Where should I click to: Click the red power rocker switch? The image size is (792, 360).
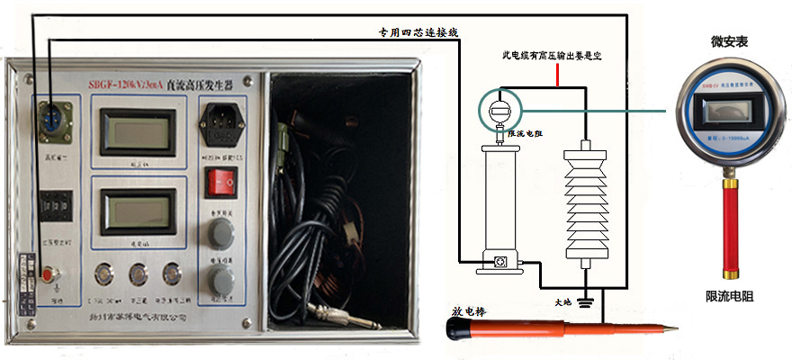pyautogui.click(x=220, y=183)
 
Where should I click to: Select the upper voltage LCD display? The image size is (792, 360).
pyautogui.click(x=137, y=130)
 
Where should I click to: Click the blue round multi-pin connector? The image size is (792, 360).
pyautogui.click(x=50, y=118)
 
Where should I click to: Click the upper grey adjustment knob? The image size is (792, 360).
pyautogui.click(x=219, y=232)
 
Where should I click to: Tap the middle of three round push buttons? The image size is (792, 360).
pyautogui.click(x=138, y=273)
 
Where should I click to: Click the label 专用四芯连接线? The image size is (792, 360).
pyautogui.click(x=418, y=31)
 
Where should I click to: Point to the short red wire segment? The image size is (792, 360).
pyautogui.click(x=559, y=77)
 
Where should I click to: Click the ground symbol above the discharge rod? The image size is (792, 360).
pyautogui.click(x=586, y=302)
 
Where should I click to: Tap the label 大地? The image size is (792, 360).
pyautogui.click(x=562, y=303)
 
